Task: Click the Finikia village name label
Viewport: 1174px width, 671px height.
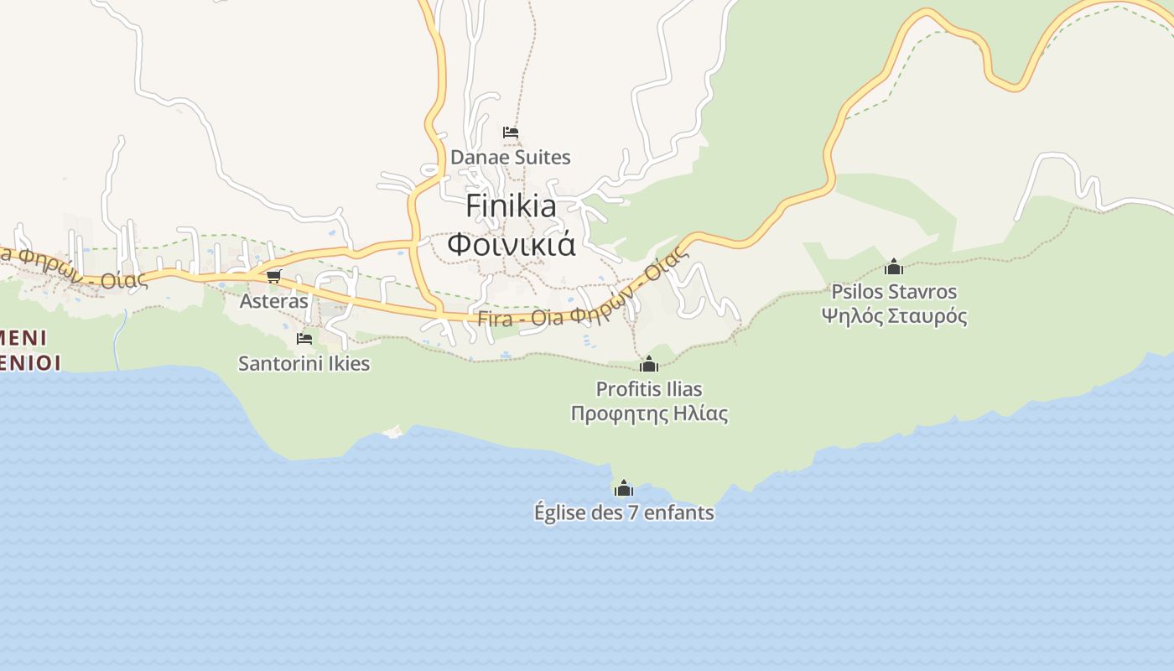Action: tap(511, 205)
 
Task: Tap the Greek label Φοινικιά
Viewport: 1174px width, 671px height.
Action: tap(511, 244)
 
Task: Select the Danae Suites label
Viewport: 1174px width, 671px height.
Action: tap(510, 157)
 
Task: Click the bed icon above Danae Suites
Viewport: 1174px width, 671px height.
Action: tap(510, 133)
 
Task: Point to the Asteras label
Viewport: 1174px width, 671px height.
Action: tap(274, 300)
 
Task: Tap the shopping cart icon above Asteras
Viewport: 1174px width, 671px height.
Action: tap(273, 276)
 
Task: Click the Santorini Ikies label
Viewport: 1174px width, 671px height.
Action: tap(304, 363)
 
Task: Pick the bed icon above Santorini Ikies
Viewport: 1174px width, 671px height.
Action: tap(304, 339)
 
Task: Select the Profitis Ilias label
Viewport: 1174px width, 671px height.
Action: tap(648, 389)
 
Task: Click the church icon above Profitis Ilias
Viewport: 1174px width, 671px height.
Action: tap(648, 364)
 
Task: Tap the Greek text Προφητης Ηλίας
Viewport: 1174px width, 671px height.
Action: tap(648, 414)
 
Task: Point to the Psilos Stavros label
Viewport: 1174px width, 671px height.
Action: tap(893, 292)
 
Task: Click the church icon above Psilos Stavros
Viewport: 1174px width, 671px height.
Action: tap(894, 267)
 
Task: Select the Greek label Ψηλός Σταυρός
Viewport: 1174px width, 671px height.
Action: tap(893, 316)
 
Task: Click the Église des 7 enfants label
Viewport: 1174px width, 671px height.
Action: tap(624, 512)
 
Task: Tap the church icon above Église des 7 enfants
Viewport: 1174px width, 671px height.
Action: tap(623, 488)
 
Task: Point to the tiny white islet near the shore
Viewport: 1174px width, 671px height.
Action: tap(392, 431)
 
